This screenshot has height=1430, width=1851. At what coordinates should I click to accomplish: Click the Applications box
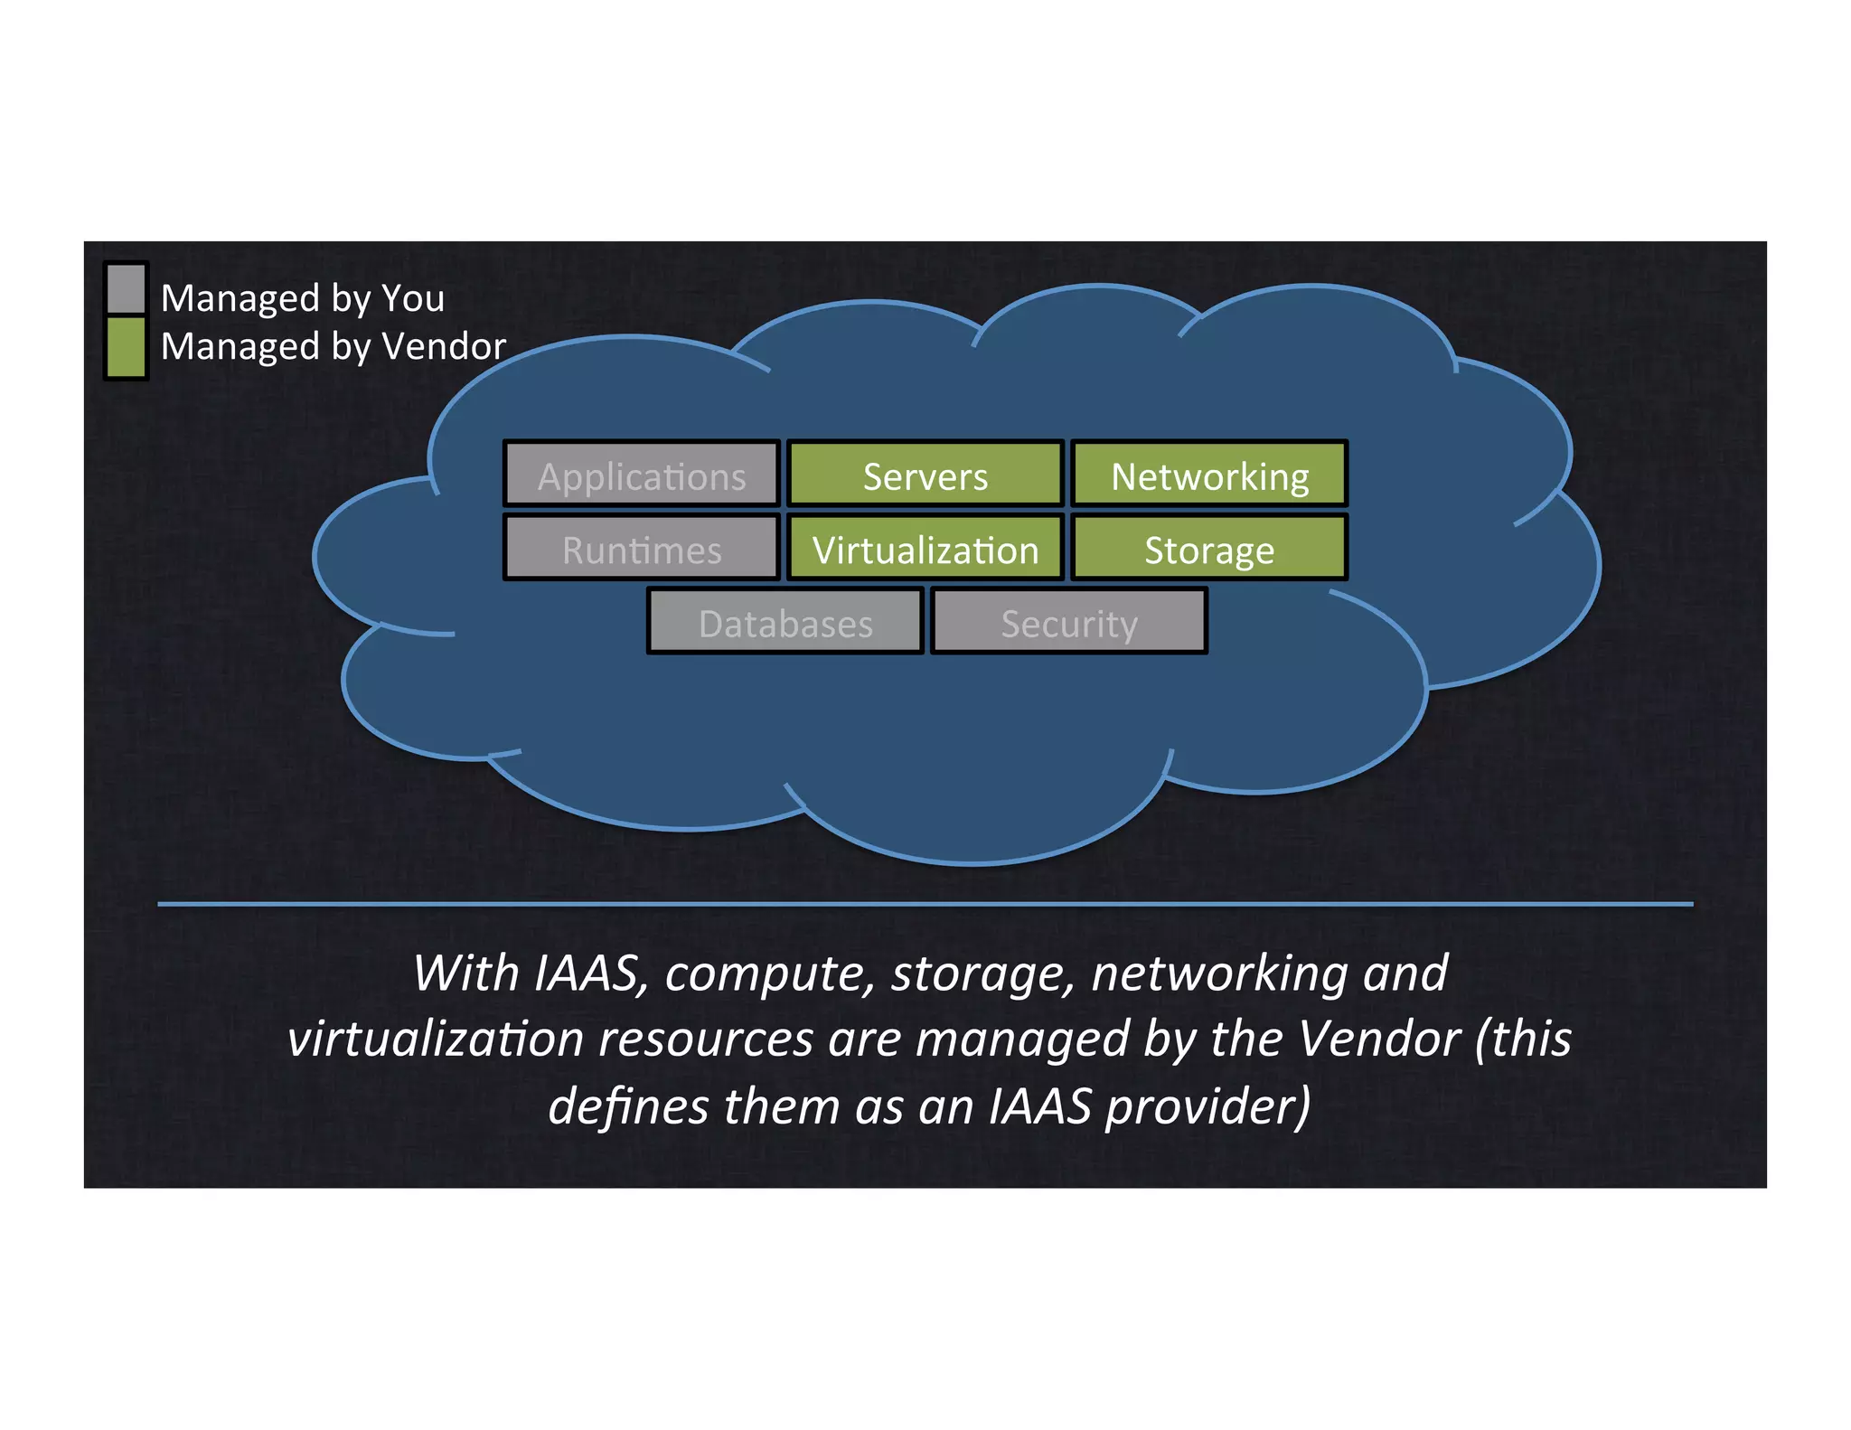coord(641,474)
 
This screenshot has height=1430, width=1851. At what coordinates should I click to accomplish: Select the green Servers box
coord(925,474)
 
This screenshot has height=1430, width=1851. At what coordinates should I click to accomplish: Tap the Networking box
coord(1208,474)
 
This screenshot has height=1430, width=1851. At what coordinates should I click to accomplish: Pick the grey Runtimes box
coord(641,548)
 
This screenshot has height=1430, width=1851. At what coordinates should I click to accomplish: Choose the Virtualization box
coord(925,548)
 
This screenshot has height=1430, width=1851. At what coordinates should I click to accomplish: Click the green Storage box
coord(1208,548)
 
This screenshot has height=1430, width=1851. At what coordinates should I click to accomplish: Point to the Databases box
coord(785,622)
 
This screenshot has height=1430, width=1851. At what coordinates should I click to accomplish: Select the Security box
coord(1068,622)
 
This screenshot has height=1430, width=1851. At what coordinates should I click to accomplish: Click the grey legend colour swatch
coord(126,287)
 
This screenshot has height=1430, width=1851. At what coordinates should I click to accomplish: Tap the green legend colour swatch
coord(126,346)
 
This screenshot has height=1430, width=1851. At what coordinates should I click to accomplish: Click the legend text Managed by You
coord(302,298)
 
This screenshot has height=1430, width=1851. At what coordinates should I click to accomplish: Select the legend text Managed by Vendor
coord(333,346)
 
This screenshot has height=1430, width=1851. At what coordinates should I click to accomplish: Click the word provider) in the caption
coord(1207,1106)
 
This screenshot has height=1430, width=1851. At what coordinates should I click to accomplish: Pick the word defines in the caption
coord(627,1106)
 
